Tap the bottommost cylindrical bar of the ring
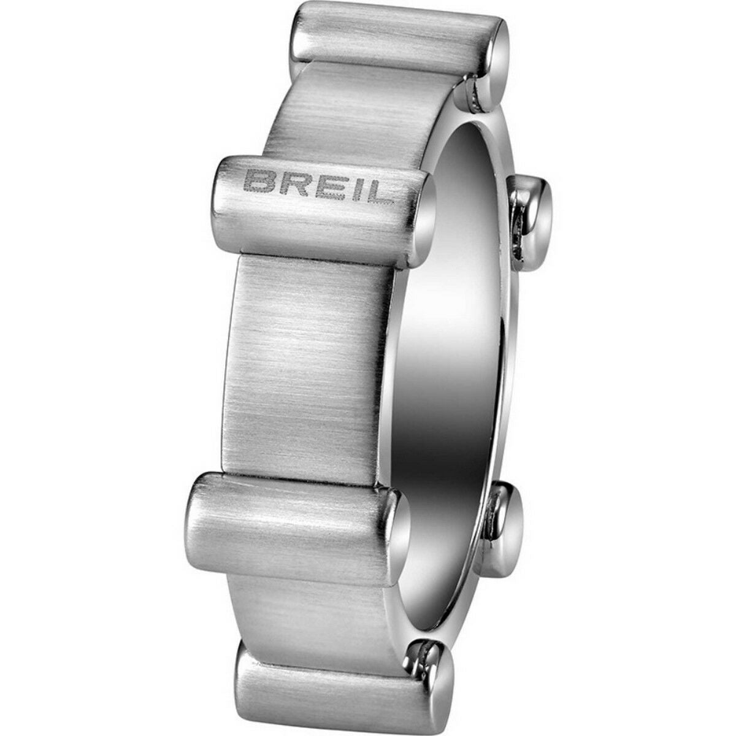pos(337,687)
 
